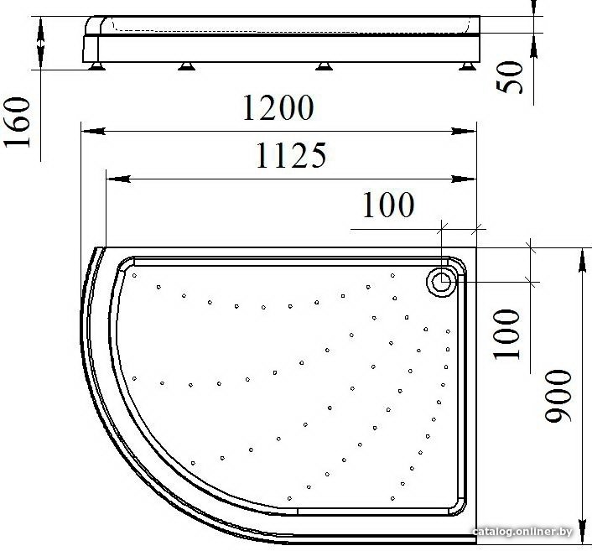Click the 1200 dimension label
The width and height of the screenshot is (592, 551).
point(278,107)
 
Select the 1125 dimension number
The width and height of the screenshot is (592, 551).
point(291,155)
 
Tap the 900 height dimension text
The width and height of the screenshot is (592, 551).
point(558,395)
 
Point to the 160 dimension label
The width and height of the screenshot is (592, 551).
point(17,122)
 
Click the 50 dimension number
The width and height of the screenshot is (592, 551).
point(510,77)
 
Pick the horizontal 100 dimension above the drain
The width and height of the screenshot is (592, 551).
point(388,205)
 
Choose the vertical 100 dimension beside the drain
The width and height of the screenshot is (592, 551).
point(506,335)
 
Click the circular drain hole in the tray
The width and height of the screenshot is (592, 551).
point(441,282)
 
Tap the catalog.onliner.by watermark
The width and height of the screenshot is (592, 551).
point(522,532)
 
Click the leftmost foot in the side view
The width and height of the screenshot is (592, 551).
point(97,66)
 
